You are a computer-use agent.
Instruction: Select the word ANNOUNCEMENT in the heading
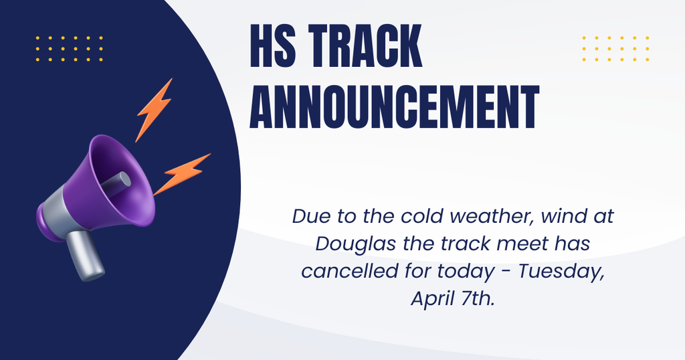pyautogui.click(x=395, y=107)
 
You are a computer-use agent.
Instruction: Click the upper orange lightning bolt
pyautogui.click(x=155, y=109)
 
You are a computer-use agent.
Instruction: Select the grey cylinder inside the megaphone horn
pyautogui.click(x=116, y=184)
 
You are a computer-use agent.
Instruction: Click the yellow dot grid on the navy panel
pyautogui.click(x=69, y=49)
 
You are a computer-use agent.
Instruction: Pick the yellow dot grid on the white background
pyautogui.click(x=615, y=49)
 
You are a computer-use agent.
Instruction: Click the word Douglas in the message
pyautogui.click(x=347, y=244)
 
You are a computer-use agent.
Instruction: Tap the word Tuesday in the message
pyautogui.click(x=566, y=272)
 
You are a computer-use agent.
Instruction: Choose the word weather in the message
pyautogui.click(x=486, y=217)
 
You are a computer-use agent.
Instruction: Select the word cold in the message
pyautogui.click(x=422, y=217)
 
